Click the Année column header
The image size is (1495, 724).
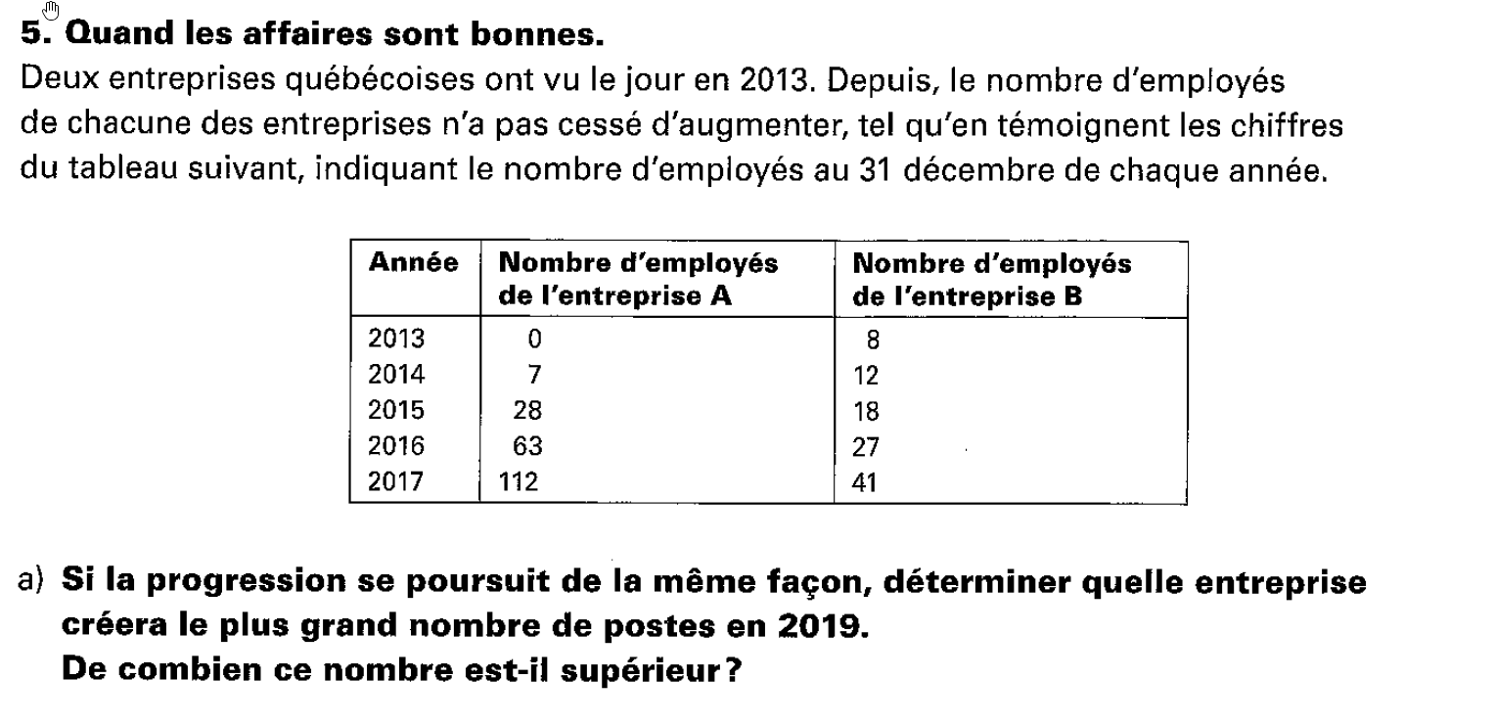[413, 263]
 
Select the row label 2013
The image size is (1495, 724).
[396, 339]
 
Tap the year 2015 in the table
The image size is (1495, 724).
[396, 411]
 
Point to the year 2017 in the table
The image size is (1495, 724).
[396, 482]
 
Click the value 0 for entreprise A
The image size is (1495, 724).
[533, 339]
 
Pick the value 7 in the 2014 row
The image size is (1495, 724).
[533, 375]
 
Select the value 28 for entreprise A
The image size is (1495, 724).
[527, 411]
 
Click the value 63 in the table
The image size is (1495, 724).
[527, 447]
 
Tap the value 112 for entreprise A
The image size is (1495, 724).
[520, 482]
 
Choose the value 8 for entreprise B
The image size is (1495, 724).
[873, 340]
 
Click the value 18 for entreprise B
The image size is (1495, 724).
[866, 412]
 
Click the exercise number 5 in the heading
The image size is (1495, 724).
[30, 35]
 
